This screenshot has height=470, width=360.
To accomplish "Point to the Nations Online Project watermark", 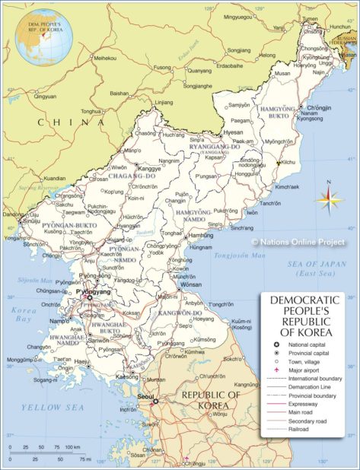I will pos(298,242).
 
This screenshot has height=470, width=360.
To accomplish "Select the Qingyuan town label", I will pos(44,97).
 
